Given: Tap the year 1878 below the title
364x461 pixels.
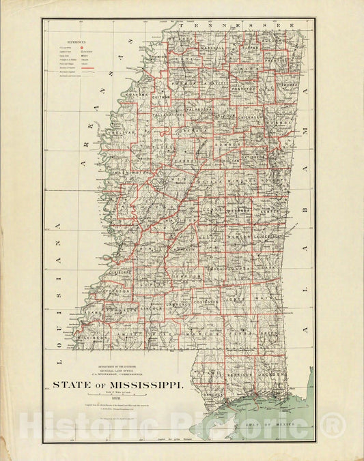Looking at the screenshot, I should pos(118,398).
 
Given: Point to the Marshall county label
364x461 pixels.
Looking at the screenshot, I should pos(212,48).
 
